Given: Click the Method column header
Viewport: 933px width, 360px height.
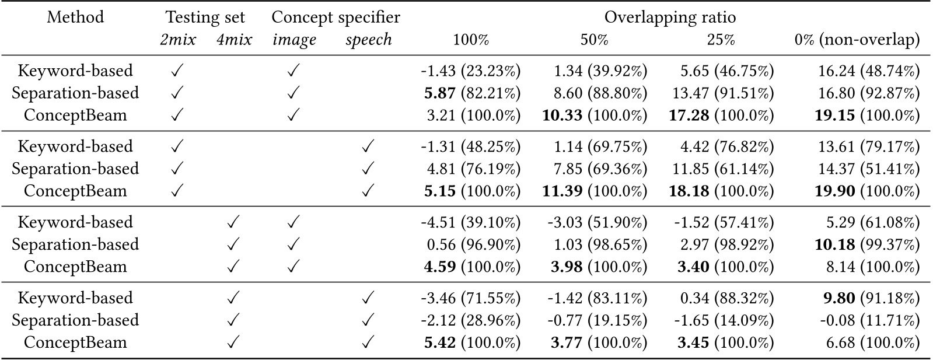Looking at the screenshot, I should tap(75, 17).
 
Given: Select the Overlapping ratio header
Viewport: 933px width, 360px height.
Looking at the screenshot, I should tap(670, 17).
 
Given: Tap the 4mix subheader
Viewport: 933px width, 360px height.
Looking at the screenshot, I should tap(233, 40).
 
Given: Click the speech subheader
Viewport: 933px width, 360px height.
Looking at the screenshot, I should tap(368, 40).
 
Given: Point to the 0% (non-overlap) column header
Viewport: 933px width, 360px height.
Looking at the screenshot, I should tap(857, 40).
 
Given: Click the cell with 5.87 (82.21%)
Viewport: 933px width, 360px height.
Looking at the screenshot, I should tap(470, 93).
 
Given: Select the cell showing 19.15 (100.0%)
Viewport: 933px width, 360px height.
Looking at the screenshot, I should tap(866, 115).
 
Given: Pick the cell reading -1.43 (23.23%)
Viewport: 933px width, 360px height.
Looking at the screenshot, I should tap(470, 71).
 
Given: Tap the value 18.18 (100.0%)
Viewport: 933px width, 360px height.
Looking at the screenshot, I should tap(721, 191).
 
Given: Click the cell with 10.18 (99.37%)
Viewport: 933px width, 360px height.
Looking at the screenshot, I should tap(866, 244).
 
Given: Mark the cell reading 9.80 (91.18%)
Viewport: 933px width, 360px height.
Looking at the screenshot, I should tap(866, 298).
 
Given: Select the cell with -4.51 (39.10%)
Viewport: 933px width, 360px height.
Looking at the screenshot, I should tap(470, 222).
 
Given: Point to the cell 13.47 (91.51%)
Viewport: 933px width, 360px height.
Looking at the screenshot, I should tap(727, 93).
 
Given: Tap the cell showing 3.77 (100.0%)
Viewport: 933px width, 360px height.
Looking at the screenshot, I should tap(598, 342).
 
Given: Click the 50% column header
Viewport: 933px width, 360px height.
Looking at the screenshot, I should tap(594, 40).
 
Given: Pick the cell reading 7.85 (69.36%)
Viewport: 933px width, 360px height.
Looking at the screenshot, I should tap(598, 169).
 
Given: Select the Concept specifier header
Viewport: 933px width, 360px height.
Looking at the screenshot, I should tap(336, 17).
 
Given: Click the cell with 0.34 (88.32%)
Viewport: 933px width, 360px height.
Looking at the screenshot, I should tap(727, 298).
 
